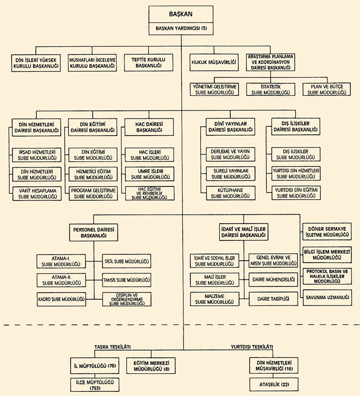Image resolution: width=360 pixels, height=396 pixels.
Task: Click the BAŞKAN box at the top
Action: (181, 14)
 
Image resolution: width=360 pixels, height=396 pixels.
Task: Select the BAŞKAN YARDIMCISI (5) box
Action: (181, 28)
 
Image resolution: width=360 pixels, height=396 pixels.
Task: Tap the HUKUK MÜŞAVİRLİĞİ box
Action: (214, 61)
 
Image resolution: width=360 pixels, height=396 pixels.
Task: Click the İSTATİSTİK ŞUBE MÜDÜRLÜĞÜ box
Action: (271, 90)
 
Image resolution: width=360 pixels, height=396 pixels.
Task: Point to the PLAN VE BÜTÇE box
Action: (327, 90)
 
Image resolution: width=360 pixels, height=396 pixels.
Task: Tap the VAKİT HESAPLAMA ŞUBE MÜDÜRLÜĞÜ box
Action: (37, 194)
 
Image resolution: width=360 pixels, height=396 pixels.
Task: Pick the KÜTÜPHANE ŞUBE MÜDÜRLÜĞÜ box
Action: (231, 193)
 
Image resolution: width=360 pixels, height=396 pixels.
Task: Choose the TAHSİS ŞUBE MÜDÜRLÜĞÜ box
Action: (127, 280)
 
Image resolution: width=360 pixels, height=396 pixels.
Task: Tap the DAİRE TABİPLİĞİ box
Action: (273, 299)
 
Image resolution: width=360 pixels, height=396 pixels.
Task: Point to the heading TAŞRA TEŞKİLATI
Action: (113, 347)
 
